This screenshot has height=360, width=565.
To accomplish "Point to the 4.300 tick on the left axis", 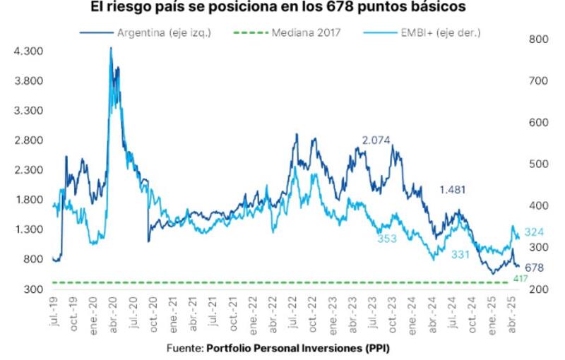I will tap(28, 52).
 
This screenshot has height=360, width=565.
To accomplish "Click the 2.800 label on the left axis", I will tap(28, 140).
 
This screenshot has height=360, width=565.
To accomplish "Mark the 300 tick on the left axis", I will tap(32, 289).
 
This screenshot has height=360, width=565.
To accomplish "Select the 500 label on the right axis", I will tap(537, 164).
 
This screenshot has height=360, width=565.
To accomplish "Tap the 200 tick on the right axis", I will tap(537, 289).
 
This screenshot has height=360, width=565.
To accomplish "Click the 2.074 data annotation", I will tap(376, 140).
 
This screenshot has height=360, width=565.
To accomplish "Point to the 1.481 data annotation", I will tap(453, 189).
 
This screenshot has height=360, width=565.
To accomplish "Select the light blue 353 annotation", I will tap(386, 239).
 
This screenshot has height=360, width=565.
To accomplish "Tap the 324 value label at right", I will tap(534, 232).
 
